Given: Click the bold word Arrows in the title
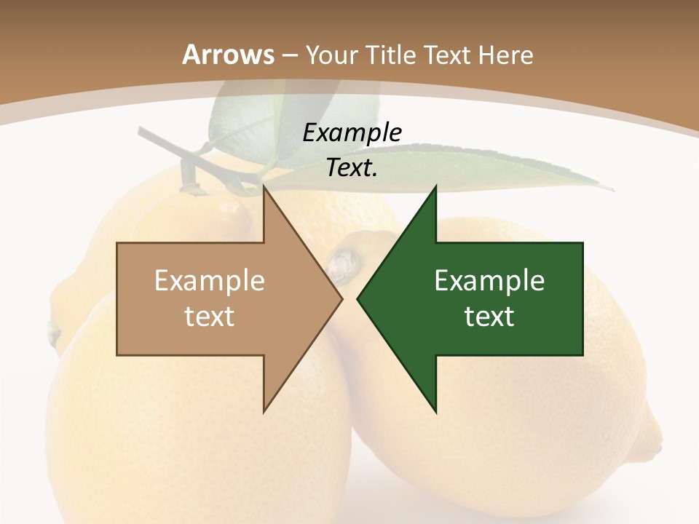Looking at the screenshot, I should pos(228,55).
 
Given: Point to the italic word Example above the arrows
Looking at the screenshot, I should pos(352,133).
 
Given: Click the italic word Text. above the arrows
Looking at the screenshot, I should pos(352,168).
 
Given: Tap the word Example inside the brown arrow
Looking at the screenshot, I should pos(210,281).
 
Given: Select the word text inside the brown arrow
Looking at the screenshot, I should pos(210,317).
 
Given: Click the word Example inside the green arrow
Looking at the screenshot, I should pos(489,281).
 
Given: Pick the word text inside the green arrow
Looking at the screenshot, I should pos(489,317).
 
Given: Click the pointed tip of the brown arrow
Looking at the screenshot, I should pos(341,299).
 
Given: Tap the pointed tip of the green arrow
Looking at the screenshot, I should pos(358,299).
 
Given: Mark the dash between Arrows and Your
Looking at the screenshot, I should pos(290,55).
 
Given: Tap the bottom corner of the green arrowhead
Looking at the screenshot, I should pos(435,413).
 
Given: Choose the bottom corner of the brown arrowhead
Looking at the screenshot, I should pos(264,413).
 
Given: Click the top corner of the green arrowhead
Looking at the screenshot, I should pos(435,186).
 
